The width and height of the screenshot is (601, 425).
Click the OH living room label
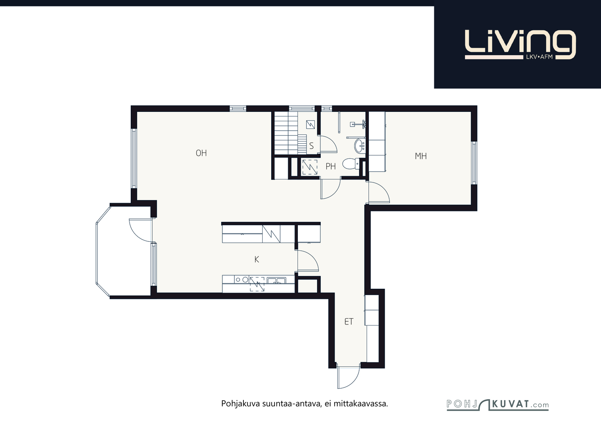click(x=201, y=153)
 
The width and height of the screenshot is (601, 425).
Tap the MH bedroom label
click(x=421, y=156)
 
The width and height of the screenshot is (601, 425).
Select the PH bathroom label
click(x=331, y=167)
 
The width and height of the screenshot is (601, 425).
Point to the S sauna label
click(x=311, y=146)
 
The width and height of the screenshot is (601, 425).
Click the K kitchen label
click(x=257, y=259)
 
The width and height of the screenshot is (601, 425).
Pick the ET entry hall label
click(x=349, y=322)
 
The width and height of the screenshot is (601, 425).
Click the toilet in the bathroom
click(x=351, y=164)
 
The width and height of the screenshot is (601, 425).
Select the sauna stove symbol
click(x=310, y=125)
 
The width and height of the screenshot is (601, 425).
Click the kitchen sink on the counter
click(x=276, y=281)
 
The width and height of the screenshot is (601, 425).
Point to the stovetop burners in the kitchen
click(x=242, y=280)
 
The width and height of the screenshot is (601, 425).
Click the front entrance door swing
click(x=349, y=377)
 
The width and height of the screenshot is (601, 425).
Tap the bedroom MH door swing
click(x=379, y=192)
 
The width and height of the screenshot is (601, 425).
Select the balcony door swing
click(x=140, y=231)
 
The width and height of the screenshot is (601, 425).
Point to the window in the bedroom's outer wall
click(x=474, y=163)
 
